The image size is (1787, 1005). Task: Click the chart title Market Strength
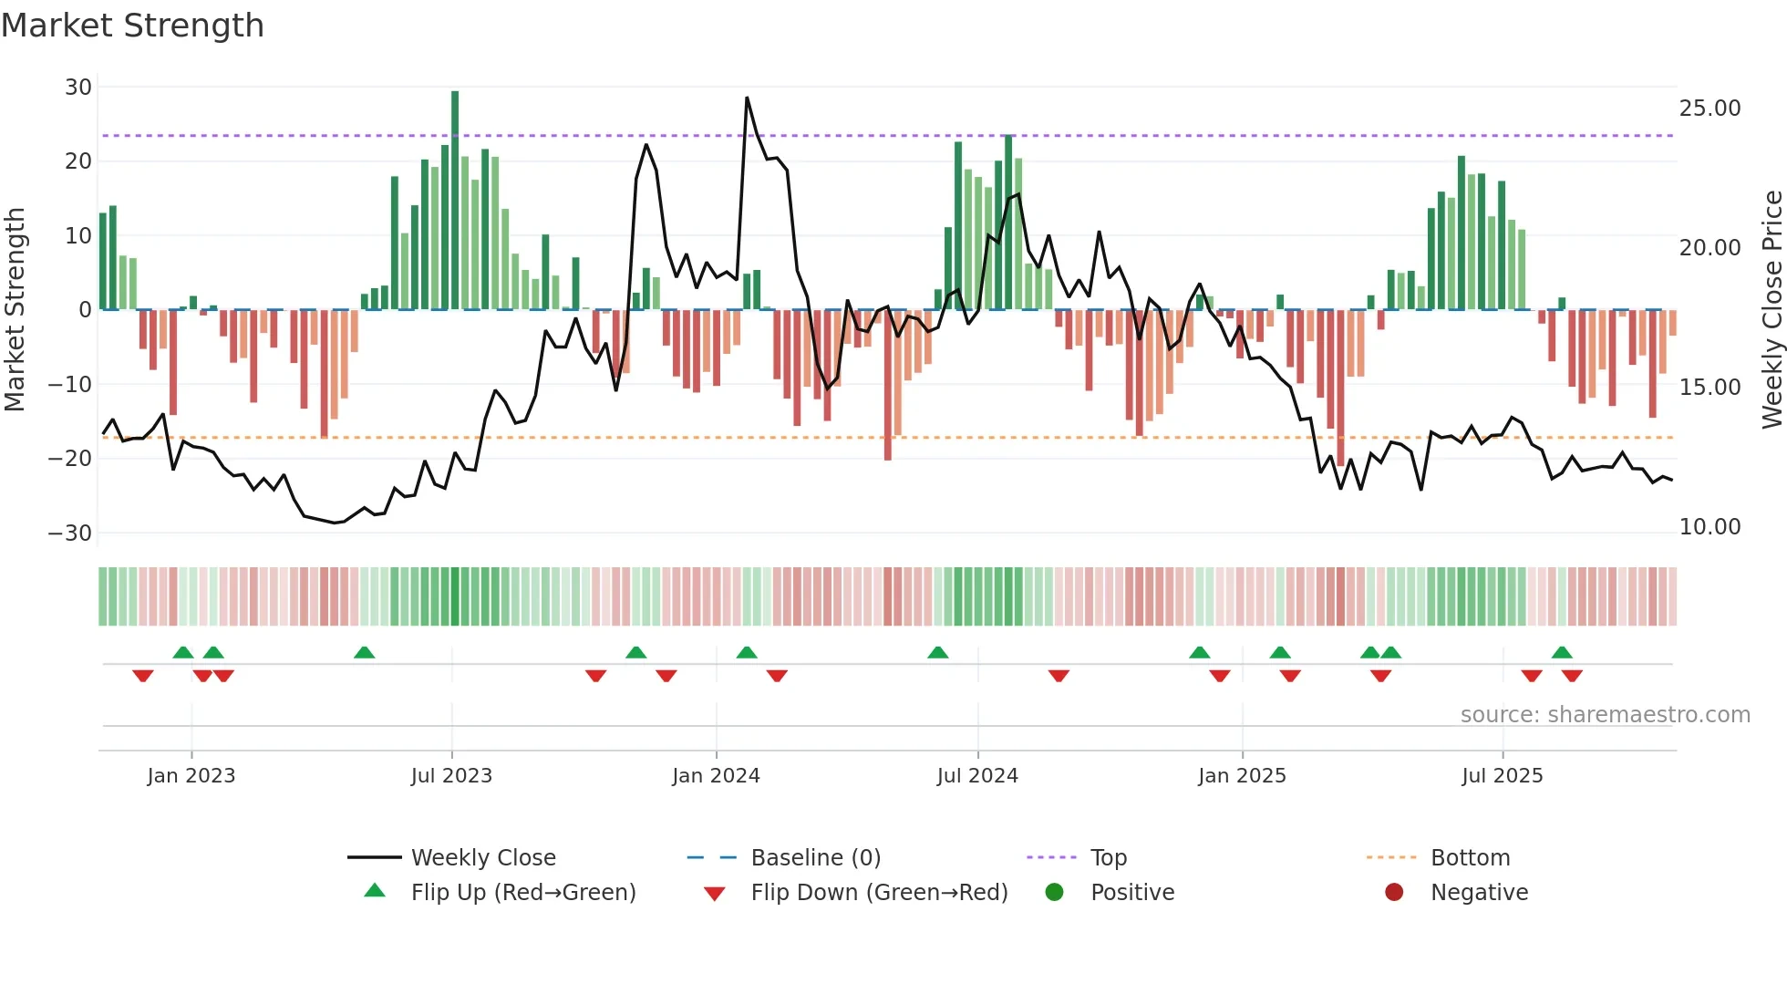pyautogui.click(x=132, y=26)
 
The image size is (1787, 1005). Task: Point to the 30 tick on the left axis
pyautogui.click(x=78, y=88)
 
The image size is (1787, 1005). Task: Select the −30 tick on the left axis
pyautogui.click(x=70, y=534)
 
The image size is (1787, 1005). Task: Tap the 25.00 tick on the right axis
pyautogui.click(x=1710, y=109)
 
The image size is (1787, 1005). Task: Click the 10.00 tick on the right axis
pyautogui.click(x=1710, y=527)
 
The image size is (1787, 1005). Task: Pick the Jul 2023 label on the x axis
pyautogui.click(x=451, y=776)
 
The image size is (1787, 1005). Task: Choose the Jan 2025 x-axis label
pyautogui.click(x=1242, y=776)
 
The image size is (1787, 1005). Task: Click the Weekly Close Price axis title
pyautogui.click(x=1772, y=310)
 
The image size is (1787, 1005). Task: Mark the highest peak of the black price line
pyautogui.click(x=747, y=98)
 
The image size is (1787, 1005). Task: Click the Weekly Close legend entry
pyautogui.click(x=483, y=858)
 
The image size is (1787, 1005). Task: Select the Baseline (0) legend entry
pyautogui.click(x=815, y=858)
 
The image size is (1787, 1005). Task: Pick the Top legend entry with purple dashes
pyautogui.click(x=1108, y=858)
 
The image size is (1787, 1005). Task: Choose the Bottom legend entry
pyautogui.click(x=1470, y=858)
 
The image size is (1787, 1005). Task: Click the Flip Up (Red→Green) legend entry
pyautogui.click(x=522, y=893)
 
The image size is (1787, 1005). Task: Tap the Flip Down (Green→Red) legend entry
pyautogui.click(x=879, y=893)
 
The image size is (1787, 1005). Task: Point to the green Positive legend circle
pyautogui.click(x=1055, y=893)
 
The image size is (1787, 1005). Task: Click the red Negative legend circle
pyautogui.click(x=1394, y=893)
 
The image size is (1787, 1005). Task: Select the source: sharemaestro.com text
pyautogui.click(x=1605, y=715)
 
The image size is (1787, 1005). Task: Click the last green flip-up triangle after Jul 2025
pyautogui.click(x=1562, y=653)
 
